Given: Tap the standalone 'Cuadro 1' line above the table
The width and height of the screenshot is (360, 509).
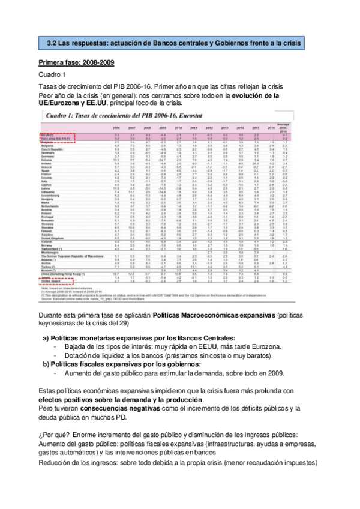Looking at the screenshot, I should pyautogui.click(x=52, y=74).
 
